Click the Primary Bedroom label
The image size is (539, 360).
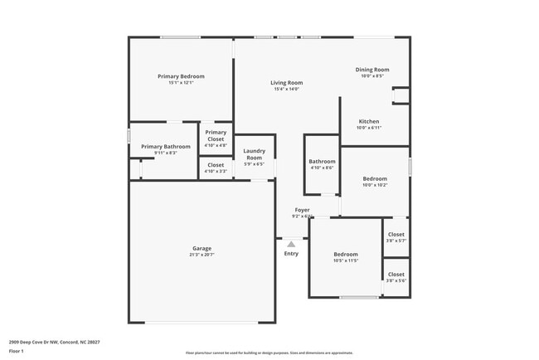pyautogui.click(x=181, y=76)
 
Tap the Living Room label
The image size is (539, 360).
pyautogui.click(x=286, y=83)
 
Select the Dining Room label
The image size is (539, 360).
pyautogui.click(x=372, y=70)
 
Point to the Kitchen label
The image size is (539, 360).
pyautogui.click(x=368, y=122)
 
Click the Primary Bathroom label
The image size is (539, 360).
pyautogui.click(x=166, y=147)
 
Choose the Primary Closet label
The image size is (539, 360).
pyautogui.click(x=216, y=135)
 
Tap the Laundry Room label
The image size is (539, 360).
pyautogui.click(x=254, y=153)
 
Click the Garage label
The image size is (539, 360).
pyautogui.click(x=202, y=248)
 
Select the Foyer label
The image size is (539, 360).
pyautogui.click(x=302, y=210)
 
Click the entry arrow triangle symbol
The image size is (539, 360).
pyautogui.click(x=291, y=244)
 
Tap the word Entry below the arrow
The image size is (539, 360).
pyautogui.click(x=291, y=254)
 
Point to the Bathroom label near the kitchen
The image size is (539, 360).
pyautogui.click(x=322, y=162)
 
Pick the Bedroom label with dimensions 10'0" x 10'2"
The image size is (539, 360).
pyautogui.click(x=374, y=178)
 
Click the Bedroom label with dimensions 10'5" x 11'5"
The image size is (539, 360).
pyautogui.click(x=346, y=254)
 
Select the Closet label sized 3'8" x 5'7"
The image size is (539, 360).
pyautogui.click(x=396, y=235)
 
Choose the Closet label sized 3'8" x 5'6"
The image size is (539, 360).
pyautogui.click(x=396, y=275)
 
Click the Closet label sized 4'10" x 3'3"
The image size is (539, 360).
pyautogui.click(x=216, y=165)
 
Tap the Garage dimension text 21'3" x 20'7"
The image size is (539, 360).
pyautogui.click(x=202, y=255)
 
